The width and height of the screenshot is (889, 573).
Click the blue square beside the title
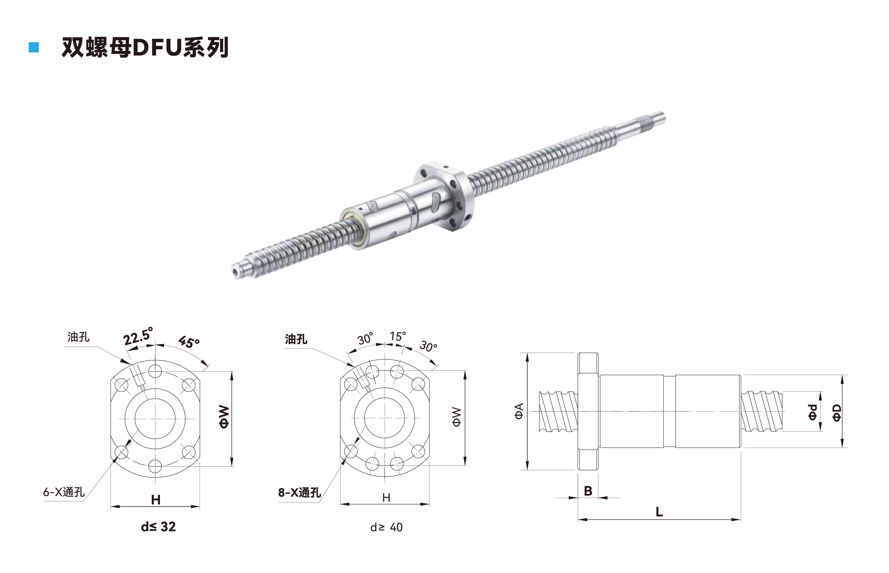pos(34,47)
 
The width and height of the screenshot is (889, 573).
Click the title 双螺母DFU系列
pos(145,47)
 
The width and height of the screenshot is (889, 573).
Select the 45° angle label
pos(189,342)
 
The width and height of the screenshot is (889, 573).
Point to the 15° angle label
pos(398,336)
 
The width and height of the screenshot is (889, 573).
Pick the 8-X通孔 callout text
pos(299,493)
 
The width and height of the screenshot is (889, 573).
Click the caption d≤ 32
pos(158,527)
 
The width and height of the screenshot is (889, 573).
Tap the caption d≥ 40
pos(386,527)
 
